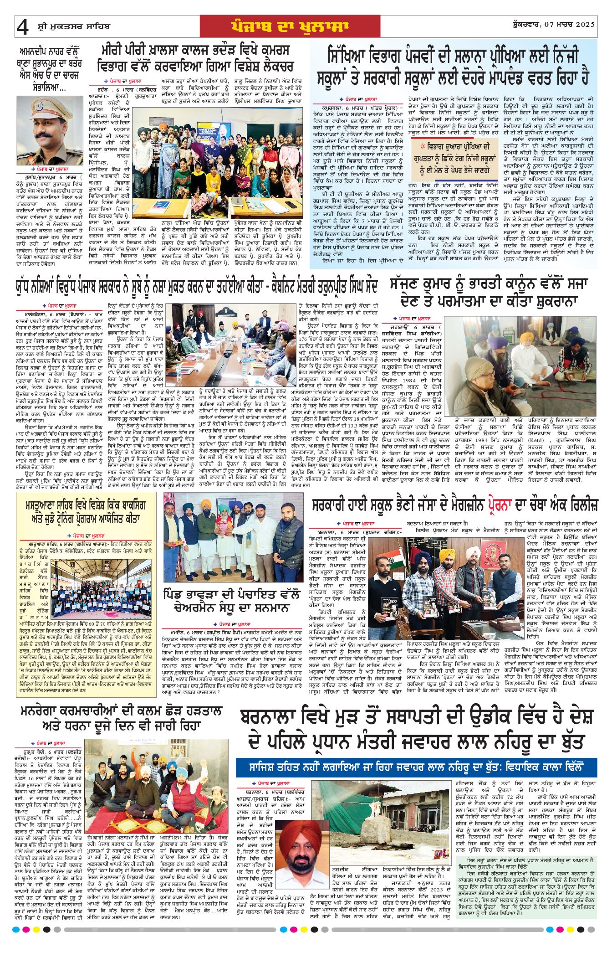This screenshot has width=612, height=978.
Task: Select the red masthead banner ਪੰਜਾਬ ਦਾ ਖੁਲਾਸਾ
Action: click(x=290, y=26)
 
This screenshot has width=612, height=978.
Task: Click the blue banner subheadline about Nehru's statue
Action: click(x=416, y=767)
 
